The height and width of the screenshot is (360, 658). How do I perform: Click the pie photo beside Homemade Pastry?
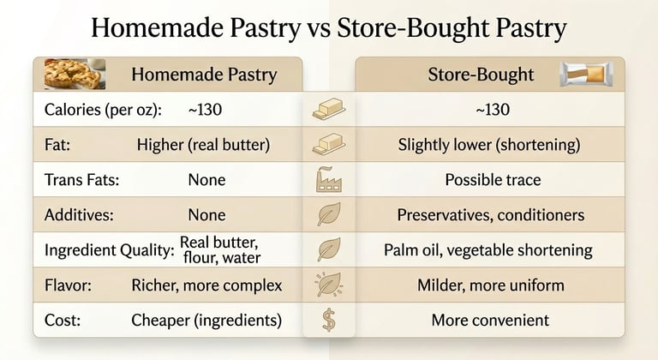click(x=75, y=74)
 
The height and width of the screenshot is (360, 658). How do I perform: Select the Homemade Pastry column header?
click(x=204, y=75)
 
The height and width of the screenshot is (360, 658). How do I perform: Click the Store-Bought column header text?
click(x=481, y=75)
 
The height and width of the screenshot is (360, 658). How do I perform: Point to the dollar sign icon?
click(x=328, y=320)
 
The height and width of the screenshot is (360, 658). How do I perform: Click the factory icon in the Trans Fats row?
click(x=328, y=179)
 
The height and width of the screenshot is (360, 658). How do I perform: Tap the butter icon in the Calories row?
click(x=328, y=110)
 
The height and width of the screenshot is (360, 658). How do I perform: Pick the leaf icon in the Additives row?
click(x=328, y=214)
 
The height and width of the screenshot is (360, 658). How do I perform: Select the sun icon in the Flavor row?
click(x=328, y=285)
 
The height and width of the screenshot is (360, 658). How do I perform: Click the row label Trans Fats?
click(x=81, y=180)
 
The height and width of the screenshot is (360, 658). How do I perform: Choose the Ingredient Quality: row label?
click(x=109, y=250)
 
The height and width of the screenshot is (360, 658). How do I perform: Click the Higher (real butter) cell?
click(x=203, y=145)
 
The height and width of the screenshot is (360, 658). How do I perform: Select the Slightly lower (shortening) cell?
click(x=489, y=145)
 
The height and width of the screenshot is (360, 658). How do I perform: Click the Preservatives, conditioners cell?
click(x=490, y=215)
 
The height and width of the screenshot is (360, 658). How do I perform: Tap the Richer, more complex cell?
click(x=206, y=285)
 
